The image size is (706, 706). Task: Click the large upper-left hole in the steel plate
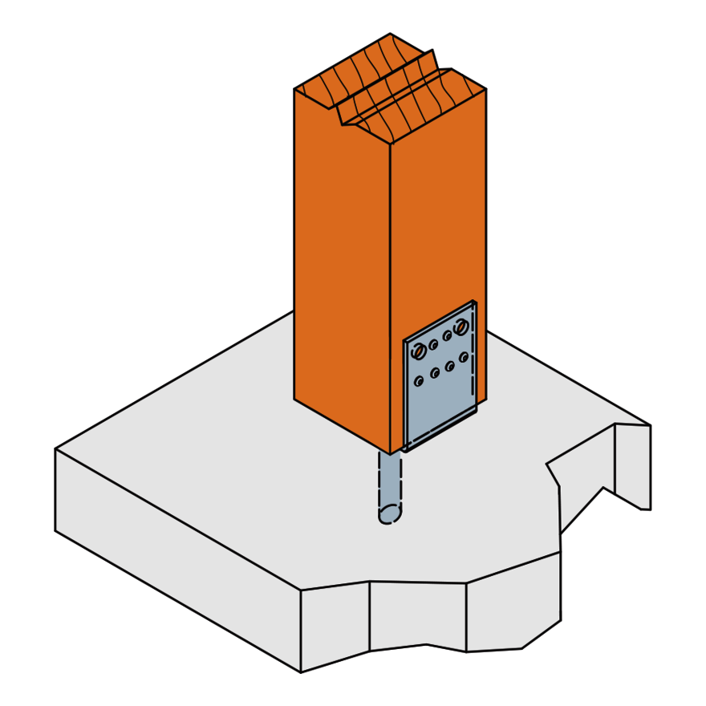click(x=418, y=351)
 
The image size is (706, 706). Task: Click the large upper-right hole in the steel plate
click(x=460, y=327)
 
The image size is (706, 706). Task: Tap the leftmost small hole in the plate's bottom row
click(x=419, y=381)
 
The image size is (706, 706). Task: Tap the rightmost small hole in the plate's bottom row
click(x=464, y=357)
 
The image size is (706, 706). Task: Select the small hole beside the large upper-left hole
click(x=433, y=345)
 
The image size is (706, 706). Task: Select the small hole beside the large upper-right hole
click(x=447, y=336)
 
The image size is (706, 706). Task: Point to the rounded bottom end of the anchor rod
click(x=390, y=514)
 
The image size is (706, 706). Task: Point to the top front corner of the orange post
click(x=391, y=144)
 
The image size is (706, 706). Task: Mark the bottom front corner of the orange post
click(x=391, y=455)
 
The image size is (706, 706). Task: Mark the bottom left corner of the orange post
click(x=294, y=398)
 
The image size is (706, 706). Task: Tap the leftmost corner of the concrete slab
click(x=55, y=449)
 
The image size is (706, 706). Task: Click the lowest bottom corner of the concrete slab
click(x=301, y=672)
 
